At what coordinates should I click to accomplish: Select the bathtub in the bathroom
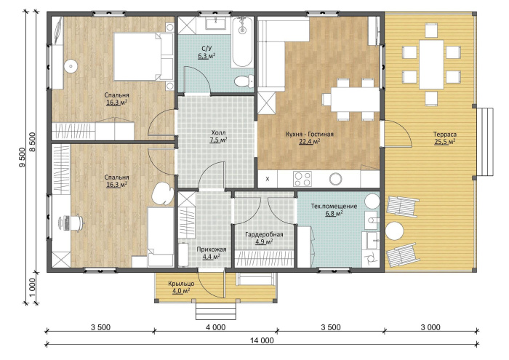click(242, 42)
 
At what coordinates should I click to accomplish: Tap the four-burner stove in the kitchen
click(302, 178)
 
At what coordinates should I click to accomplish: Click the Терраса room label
click(445, 135)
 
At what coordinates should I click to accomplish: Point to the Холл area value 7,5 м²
click(218, 140)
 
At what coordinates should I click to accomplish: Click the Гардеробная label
click(264, 234)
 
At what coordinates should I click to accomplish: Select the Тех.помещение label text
click(334, 206)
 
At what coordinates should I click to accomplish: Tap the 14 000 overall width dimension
click(262, 340)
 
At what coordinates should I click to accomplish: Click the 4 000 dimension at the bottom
click(215, 327)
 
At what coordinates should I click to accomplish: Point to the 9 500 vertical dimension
click(22, 157)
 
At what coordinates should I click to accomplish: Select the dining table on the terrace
click(431, 64)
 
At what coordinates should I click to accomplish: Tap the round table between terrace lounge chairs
click(394, 231)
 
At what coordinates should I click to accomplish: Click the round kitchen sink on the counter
click(335, 178)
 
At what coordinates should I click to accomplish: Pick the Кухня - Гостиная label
click(310, 134)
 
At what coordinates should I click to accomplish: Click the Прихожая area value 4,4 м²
click(212, 257)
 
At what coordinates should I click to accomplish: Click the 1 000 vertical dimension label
click(32, 287)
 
